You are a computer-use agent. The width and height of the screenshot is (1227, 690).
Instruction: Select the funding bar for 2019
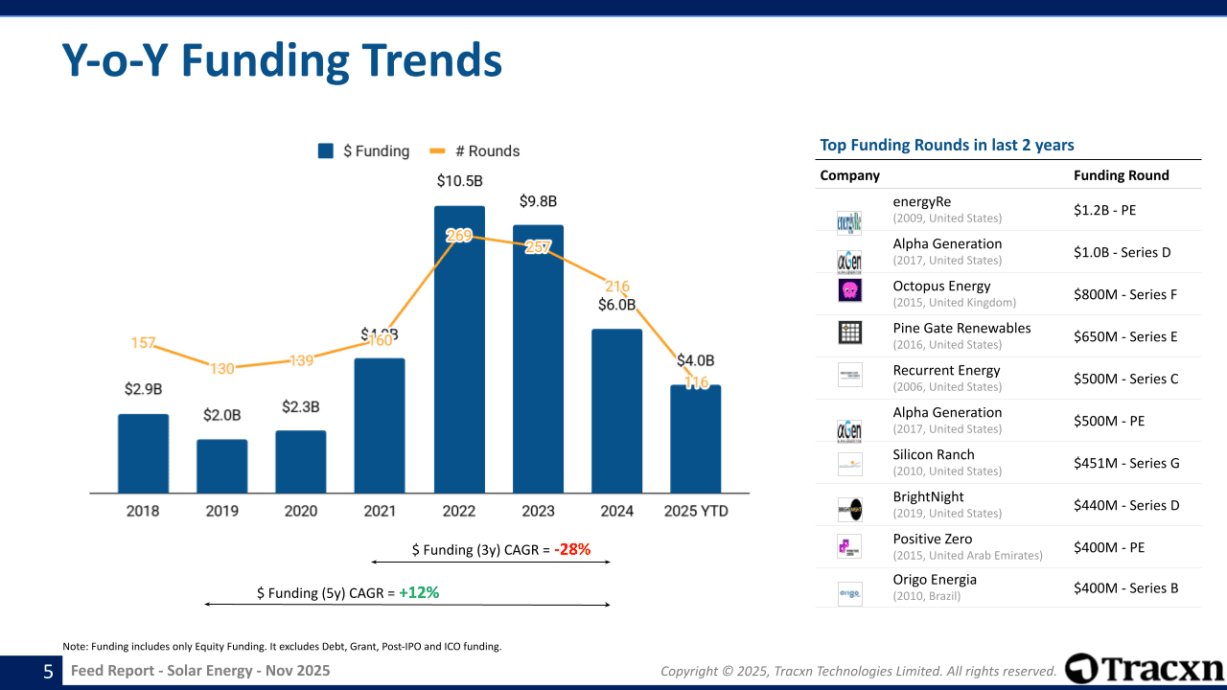click(x=222, y=467)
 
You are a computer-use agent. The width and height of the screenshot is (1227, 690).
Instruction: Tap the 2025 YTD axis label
click(x=695, y=512)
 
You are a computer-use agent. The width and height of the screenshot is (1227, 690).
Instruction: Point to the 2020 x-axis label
click(x=301, y=512)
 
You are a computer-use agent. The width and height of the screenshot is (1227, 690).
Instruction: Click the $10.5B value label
click(x=459, y=180)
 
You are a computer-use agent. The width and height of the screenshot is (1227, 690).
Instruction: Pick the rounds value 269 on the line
click(x=459, y=235)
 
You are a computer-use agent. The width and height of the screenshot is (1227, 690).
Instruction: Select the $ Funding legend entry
click(x=364, y=151)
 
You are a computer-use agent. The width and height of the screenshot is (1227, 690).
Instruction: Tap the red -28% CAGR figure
click(x=572, y=550)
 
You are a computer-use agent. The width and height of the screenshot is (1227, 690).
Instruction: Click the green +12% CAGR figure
click(x=419, y=593)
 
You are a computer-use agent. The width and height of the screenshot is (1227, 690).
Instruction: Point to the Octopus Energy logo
click(x=849, y=290)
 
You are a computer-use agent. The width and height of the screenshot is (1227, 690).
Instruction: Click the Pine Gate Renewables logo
click(x=849, y=333)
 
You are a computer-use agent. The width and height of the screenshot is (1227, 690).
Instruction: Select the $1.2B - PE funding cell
click(x=1104, y=210)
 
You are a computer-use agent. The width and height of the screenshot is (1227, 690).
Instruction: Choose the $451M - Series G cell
click(x=1126, y=463)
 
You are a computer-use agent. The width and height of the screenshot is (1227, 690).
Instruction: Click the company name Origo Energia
click(x=935, y=580)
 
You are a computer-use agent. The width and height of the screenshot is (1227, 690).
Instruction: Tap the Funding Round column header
click(x=1121, y=175)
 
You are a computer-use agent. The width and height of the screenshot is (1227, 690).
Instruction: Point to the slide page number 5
click(x=48, y=672)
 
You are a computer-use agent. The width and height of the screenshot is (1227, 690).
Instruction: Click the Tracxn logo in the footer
click(x=1145, y=669)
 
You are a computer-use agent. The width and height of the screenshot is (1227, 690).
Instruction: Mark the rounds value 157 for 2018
click(x=143, y=343)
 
